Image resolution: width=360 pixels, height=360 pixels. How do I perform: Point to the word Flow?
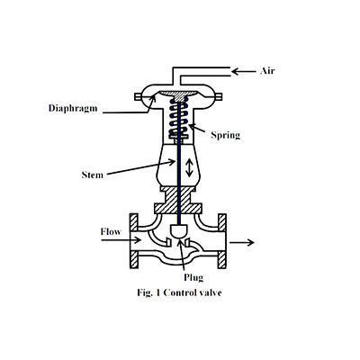click(x=112, y=231)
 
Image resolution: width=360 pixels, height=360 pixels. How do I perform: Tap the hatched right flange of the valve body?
click(x=227, y=240)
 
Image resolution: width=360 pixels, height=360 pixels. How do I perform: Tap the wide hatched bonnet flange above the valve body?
click(x=180, y=209)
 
